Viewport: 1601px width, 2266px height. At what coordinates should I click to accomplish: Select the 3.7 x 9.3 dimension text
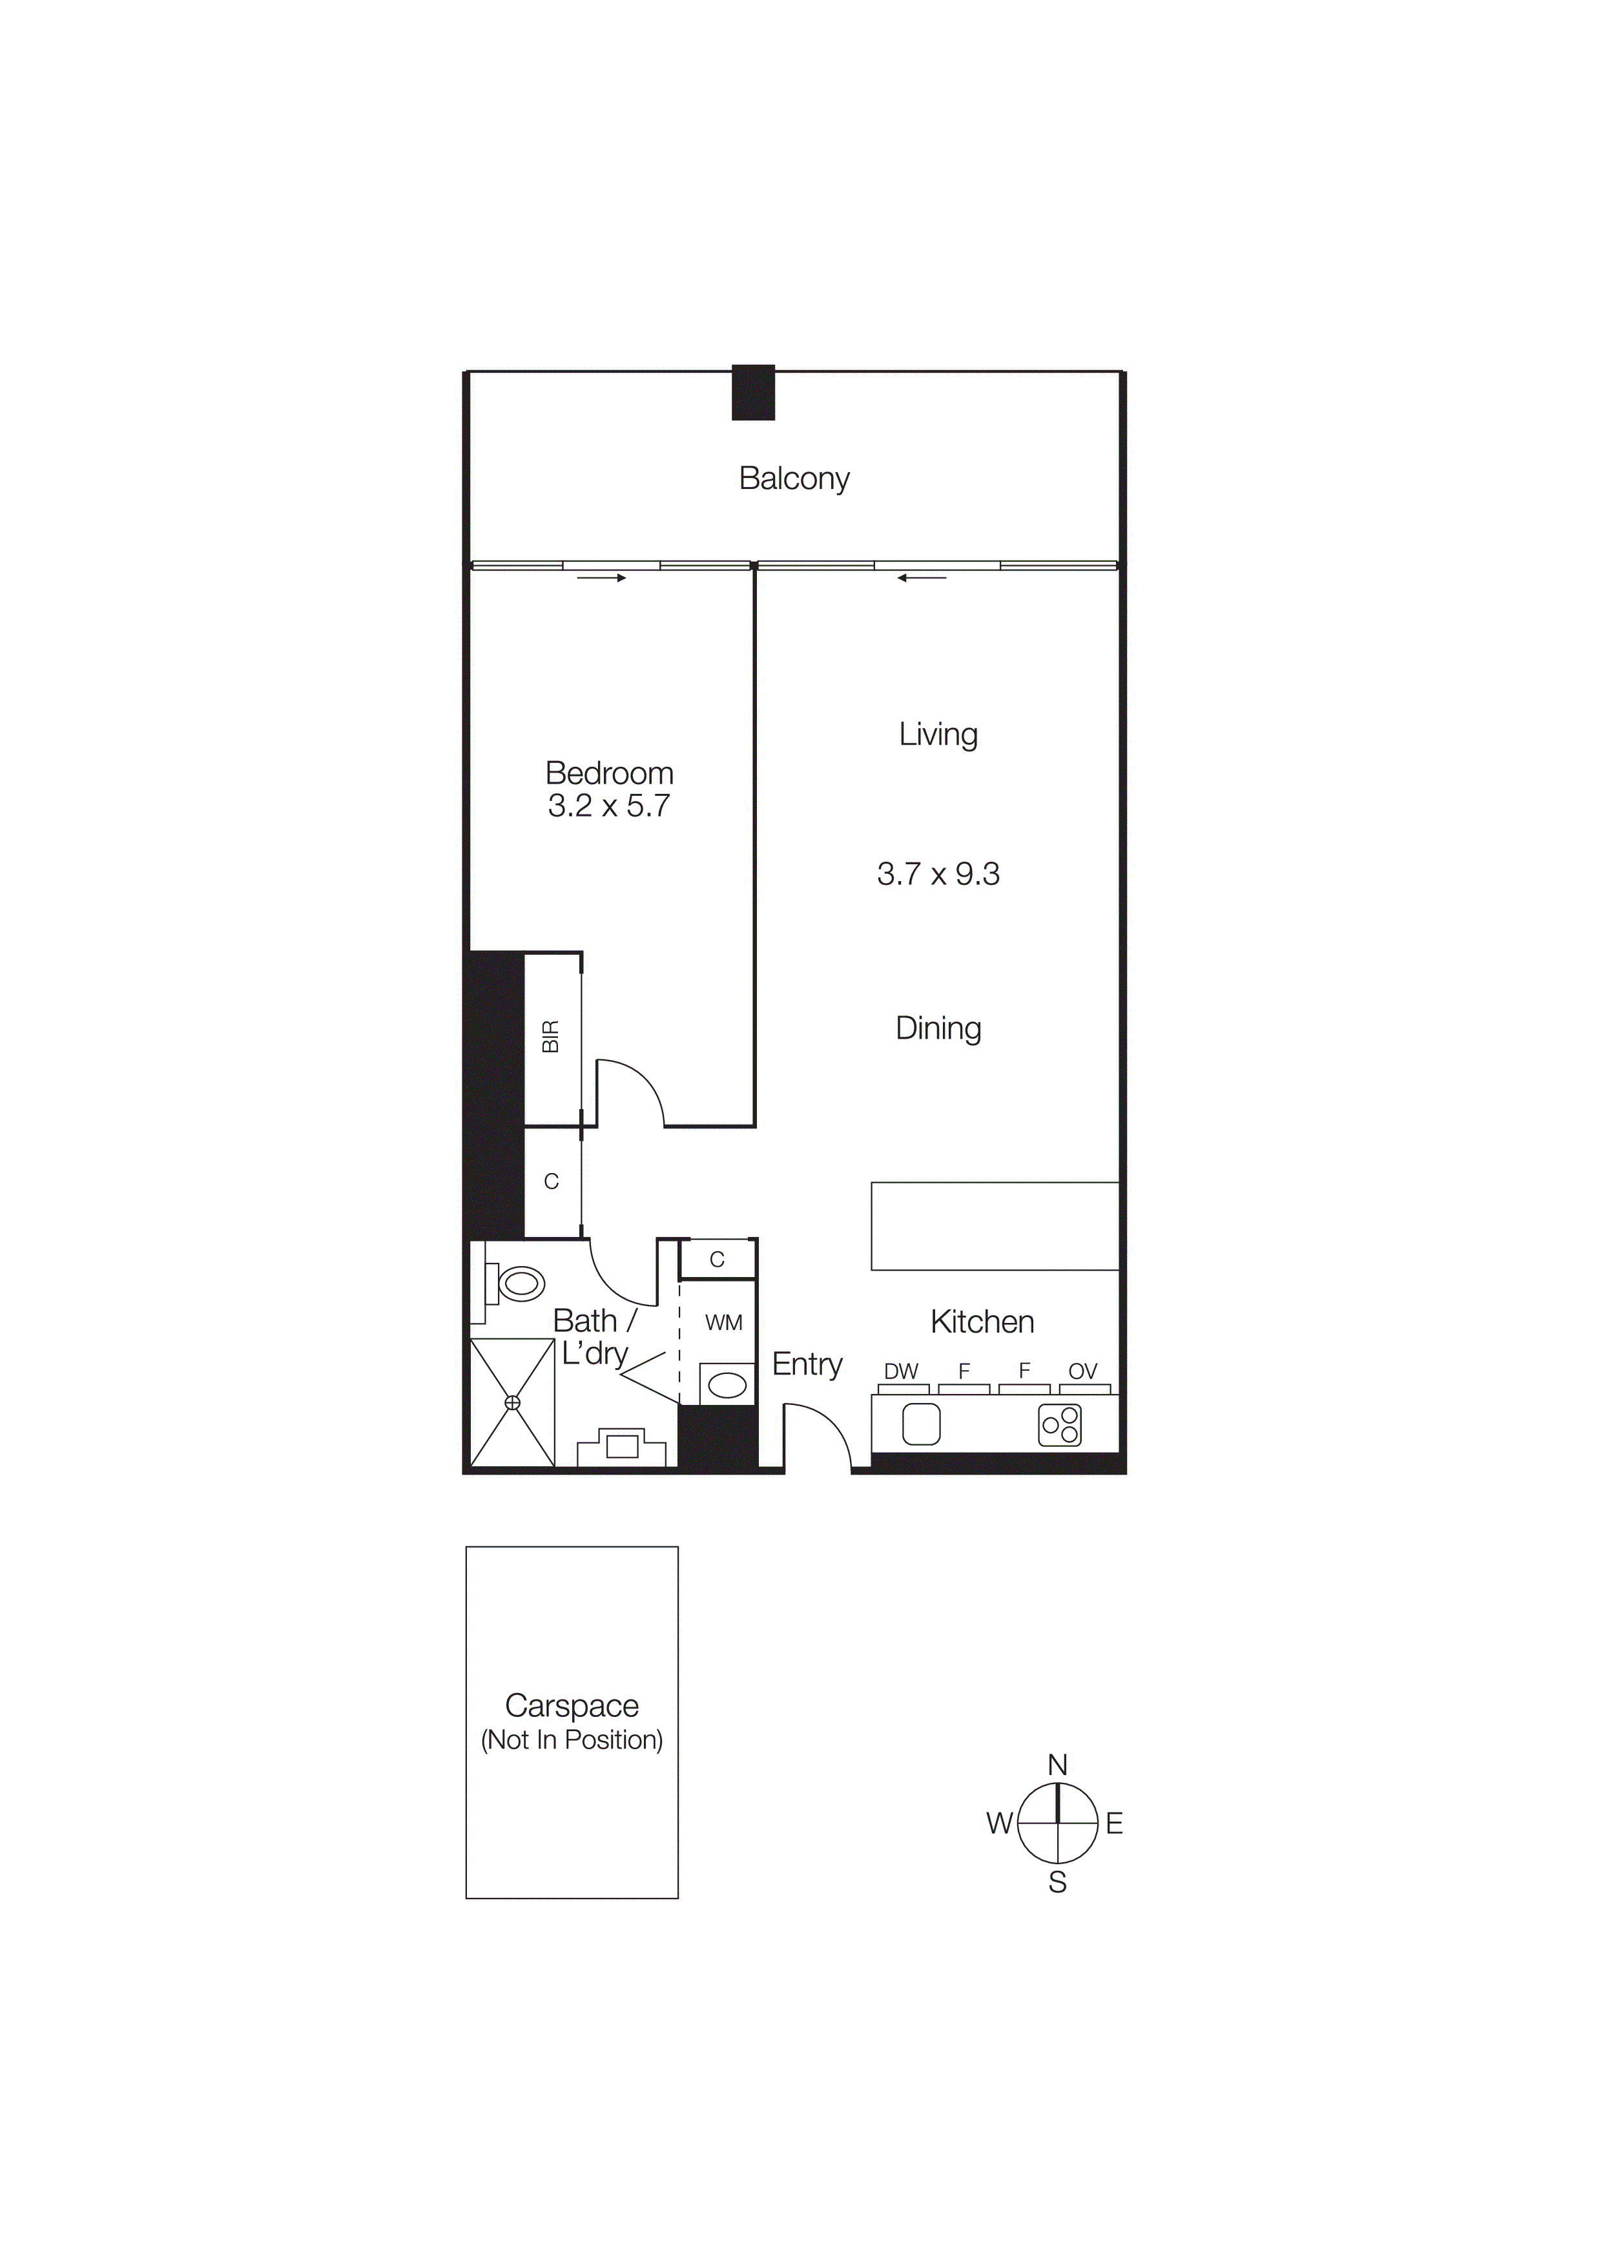click(938, 875)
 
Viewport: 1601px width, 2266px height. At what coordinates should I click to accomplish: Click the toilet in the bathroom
click(519, 1284)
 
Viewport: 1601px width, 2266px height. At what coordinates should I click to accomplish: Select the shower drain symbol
click(512, 1402)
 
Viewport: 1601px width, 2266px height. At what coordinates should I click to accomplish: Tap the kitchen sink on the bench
click(922, 1425)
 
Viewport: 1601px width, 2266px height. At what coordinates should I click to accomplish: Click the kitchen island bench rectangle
click(995, 1226)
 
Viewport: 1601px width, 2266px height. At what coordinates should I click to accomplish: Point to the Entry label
click(807, 1364)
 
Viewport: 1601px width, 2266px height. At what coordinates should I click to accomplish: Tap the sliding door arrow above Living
click(922, 578)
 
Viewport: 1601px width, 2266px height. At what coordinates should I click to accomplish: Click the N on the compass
click(1057, 1765)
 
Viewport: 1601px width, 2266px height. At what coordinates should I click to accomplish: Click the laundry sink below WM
click(727, 1387)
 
